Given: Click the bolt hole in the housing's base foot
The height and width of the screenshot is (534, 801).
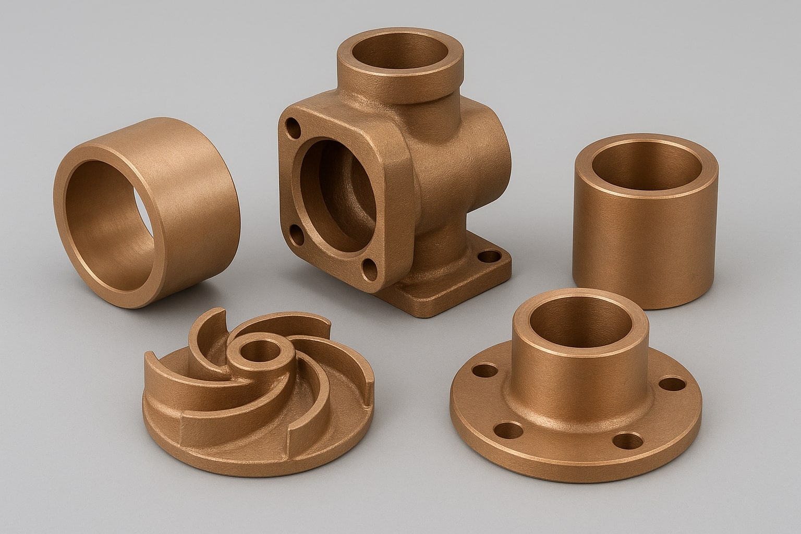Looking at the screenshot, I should pos(489,257).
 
